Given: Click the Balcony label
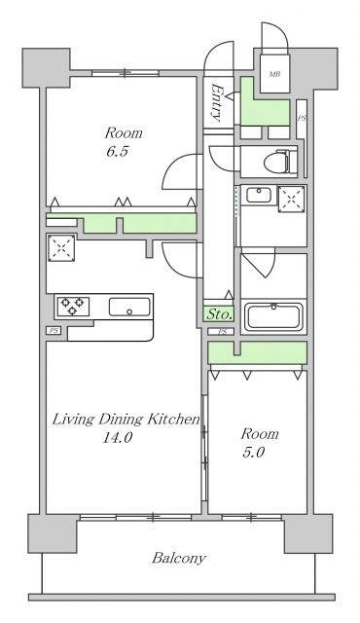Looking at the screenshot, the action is [179, 558].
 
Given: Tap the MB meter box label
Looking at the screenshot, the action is [274, 74].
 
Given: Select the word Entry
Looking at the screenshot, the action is [218, 102].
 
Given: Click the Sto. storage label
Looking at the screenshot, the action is [219, 314].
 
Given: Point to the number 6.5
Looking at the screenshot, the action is [118, 152].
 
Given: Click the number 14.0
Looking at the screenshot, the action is [118, 438].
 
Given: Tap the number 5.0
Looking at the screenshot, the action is [254, 452].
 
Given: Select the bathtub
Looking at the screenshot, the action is [273, 316].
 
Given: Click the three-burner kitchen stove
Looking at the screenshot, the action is [73, 307].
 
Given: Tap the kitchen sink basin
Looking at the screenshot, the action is [129, 307].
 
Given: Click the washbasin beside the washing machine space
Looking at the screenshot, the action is [259, 195].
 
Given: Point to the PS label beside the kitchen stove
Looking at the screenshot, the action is [54, 331].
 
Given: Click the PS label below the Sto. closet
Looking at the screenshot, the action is [223, 332].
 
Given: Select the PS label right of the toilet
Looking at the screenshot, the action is [302, 119].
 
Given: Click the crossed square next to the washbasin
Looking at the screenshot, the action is [291, 199].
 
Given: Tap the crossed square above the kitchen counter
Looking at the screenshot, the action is [61, 248].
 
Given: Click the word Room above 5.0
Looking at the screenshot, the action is [260, 433].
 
